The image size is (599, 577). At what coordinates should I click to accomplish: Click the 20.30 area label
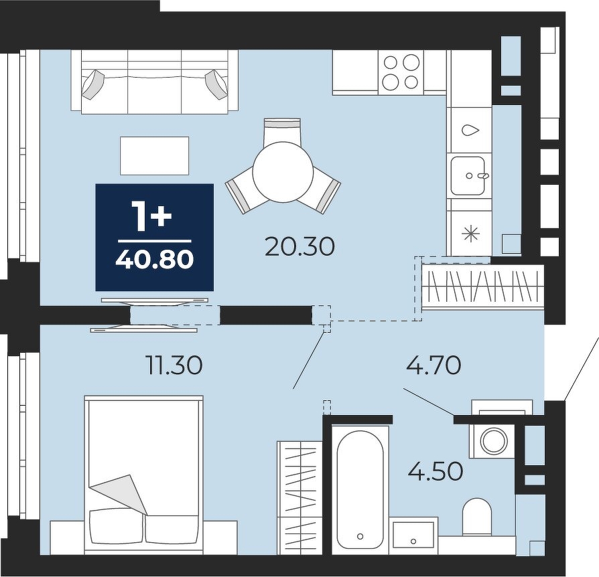point(299,247)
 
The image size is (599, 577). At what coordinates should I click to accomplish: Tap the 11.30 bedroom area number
point(174,365)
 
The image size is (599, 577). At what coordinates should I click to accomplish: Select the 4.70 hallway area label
point(434,365)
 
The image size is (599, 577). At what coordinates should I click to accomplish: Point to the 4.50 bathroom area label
point(436,471)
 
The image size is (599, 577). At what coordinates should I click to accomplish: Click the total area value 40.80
point(155,260)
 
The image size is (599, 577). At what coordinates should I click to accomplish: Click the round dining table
point(283,172)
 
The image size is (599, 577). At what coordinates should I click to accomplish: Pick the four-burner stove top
point(401,72)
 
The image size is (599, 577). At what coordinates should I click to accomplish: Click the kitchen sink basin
point(468,175)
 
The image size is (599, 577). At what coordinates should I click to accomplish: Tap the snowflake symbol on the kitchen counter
point(470,233)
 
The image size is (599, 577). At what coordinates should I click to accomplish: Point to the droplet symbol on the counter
point(470,131)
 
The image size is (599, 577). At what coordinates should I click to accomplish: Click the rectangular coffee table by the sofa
point(154,156)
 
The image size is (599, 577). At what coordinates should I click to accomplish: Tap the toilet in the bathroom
point(477,516)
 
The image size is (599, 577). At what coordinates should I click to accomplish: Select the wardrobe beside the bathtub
point(300,497)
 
